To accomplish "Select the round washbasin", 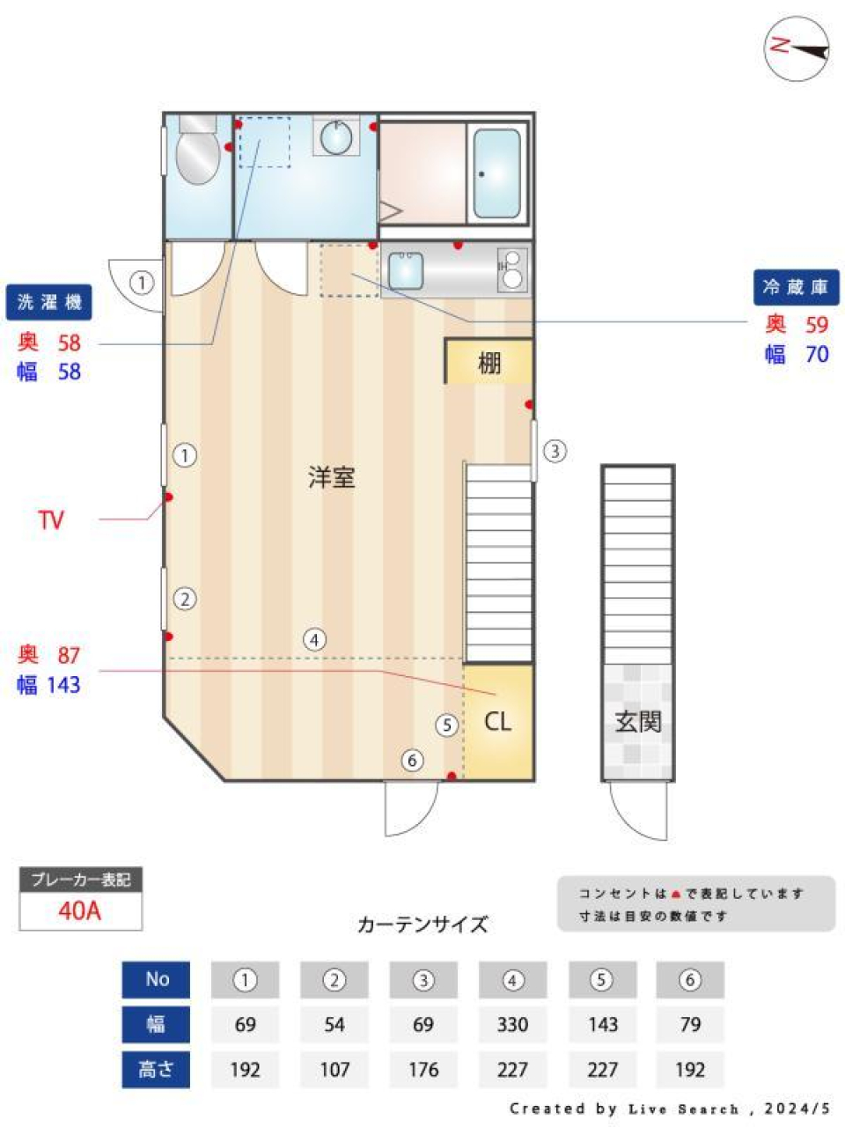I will (x=335, y=137).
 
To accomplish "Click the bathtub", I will (x=497, y=173).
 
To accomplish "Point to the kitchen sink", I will (x=405, y=270).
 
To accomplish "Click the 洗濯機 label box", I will (x=49, y=302).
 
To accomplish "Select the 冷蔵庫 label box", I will (x=796, y=287).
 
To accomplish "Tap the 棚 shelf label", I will (x=489, y=362).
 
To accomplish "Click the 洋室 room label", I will (x=331, y=477).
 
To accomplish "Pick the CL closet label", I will (x=497, y=722).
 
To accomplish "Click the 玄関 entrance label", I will (x=638, y=721).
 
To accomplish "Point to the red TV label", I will (x=51, y=519).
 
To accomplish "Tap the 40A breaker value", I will (x=80, y=910).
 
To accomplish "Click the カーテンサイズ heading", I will (x=422, y=924).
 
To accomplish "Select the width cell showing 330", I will (x=512, y=1024).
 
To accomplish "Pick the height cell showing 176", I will (x=423, y=1069).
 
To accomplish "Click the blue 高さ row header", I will (x=156, y=1069).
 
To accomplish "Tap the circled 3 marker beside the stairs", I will (x=554, y=451).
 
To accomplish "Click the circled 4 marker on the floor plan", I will (x=314, y=640).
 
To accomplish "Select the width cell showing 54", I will (x=334, y=1024).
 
